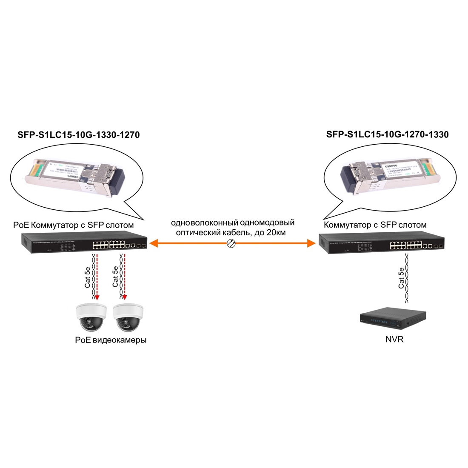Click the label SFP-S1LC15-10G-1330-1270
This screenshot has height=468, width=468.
(x=78, y=135)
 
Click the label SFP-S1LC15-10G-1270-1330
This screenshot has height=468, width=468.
(x=387, y=134)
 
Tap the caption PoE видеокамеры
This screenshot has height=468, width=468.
(x=110, y=340)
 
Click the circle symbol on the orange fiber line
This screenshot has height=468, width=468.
(x=231, y=243)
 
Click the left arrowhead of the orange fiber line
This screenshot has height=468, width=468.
(x=153, y=243)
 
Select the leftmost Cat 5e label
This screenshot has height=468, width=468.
(x=88, y=277)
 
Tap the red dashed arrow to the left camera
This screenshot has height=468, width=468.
(x=97, y=277)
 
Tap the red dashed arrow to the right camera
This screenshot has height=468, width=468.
(x=125, y=277)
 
